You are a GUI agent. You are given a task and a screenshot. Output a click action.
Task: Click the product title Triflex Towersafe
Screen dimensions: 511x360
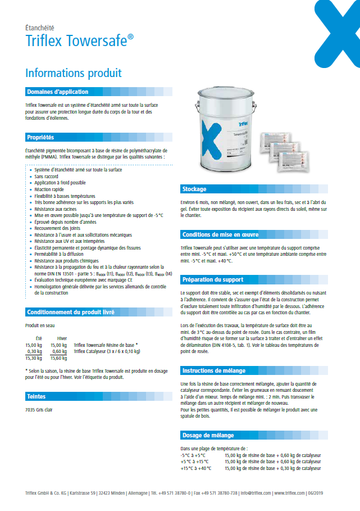pyautogui.click(x=79, y=40)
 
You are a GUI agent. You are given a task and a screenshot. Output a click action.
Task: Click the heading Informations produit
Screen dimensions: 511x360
pyautogui.click(x=74, y=73)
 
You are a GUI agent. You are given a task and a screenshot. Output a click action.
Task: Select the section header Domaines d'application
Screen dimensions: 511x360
pyautogui.click(x=57, y=92)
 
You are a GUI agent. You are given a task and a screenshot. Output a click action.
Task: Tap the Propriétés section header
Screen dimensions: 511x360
pyautogui.click(x=40, y=137)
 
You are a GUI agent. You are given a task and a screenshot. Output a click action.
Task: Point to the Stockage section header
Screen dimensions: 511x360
pyautogui.click(x=194, y=189)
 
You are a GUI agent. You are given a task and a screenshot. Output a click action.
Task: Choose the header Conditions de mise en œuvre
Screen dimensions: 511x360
pyautogui.click(x=220, y=234)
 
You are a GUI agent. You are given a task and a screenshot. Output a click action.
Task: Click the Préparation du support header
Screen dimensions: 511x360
pyautogui.click(x=212, y=279)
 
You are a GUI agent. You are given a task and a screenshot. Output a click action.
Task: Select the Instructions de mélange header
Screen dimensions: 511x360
pyautogui.click(x=213, y=370)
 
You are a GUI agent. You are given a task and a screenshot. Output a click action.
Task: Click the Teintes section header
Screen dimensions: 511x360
pyautogui.click(x=37, y=396)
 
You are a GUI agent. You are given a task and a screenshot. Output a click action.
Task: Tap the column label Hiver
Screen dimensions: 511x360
pyautogui.click(x=62, y=338)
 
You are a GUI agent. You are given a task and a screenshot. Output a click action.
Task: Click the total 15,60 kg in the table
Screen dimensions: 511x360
pyautogui.click(x=58, y=358)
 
